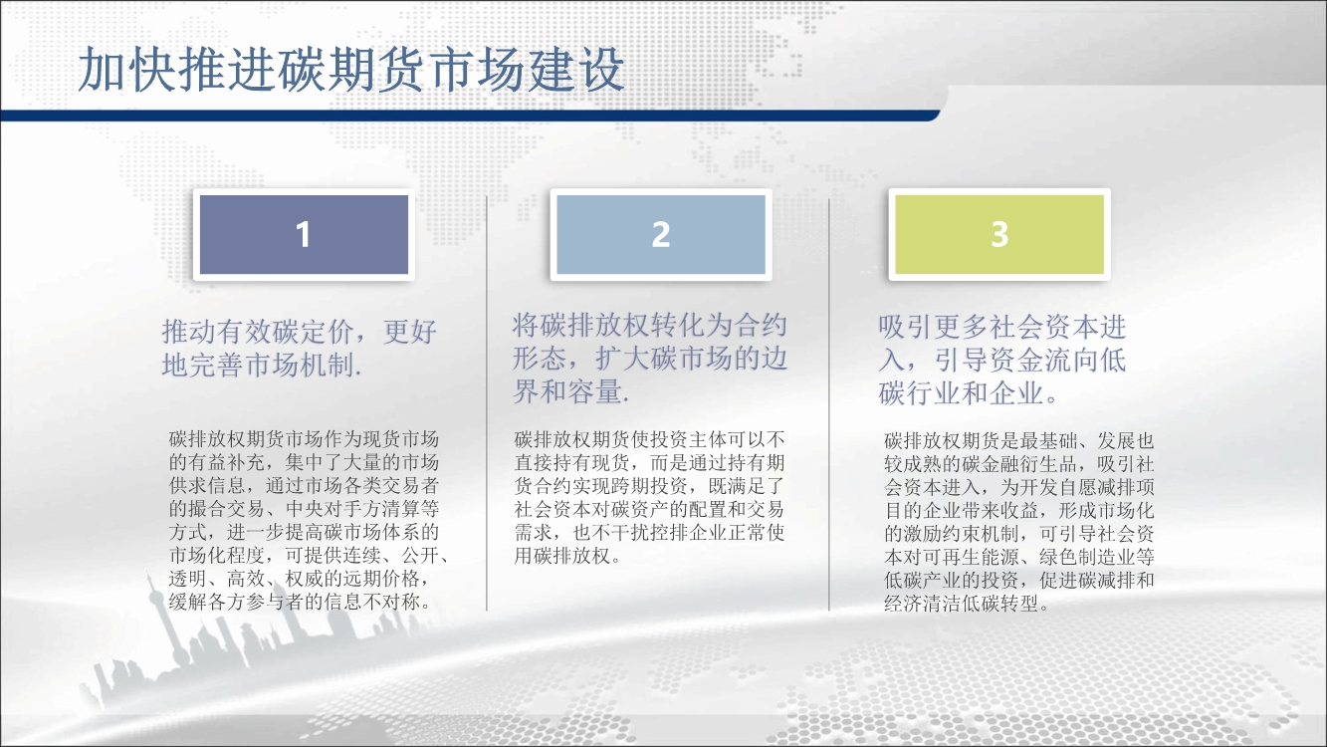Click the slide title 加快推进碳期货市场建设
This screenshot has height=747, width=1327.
[351, 70]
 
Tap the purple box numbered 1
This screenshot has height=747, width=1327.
[304, 235]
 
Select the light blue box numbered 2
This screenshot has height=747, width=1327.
[661, 235]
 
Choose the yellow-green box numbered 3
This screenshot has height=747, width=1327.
[999, 235]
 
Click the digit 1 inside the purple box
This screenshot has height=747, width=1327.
[304, 235]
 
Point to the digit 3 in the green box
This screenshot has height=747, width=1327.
[1000, 234]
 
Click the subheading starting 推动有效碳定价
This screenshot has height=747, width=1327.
[300, 348]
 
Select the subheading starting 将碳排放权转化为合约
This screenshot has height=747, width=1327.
[650, 359]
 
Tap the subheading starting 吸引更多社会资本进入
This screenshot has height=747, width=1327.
[1001, 360]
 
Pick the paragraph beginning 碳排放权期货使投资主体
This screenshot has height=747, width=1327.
[649, 497]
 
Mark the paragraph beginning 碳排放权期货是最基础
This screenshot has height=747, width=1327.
[1019, 522]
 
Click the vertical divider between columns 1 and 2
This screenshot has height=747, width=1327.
[487, 403]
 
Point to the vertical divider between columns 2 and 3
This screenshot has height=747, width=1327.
[829, 404]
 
